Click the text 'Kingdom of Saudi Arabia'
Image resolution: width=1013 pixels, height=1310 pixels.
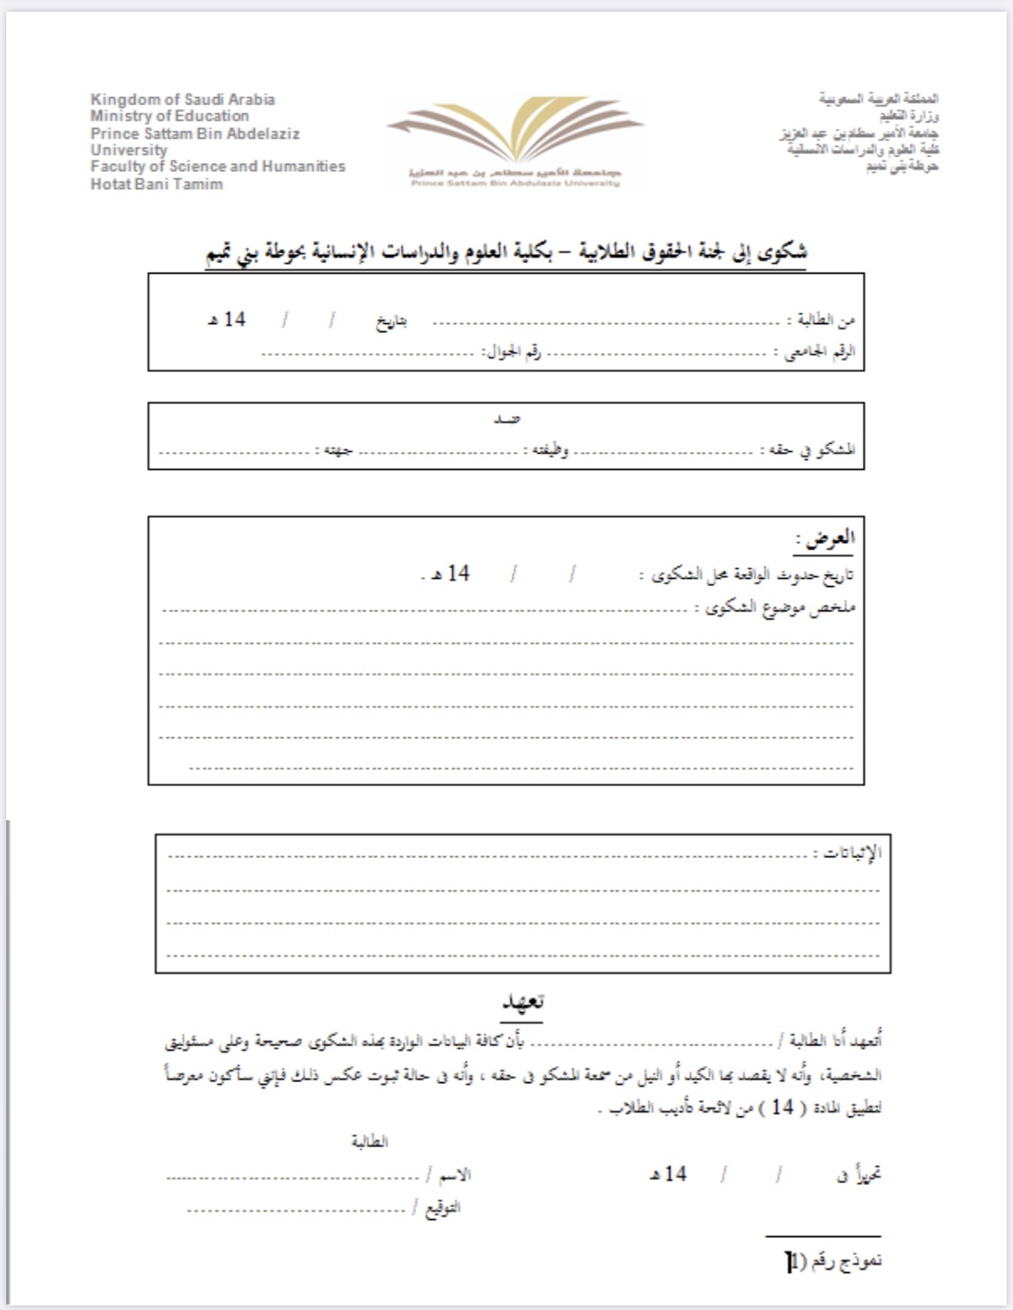[183, 99]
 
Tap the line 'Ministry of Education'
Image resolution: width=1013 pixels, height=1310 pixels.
[169, 116]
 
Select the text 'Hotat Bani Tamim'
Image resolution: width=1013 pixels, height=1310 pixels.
[157, 184]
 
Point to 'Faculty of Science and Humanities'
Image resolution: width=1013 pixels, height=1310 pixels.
[218, 167]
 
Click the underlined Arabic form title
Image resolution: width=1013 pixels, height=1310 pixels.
[507, 252]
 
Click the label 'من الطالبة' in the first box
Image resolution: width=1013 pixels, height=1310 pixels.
[821, 321]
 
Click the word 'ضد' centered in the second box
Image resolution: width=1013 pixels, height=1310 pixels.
[507, 419]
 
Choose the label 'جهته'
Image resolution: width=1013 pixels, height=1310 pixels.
[338, 449]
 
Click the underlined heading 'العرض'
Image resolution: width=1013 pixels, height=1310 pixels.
[826, 538]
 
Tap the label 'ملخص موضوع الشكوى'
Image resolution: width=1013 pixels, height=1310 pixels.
[780, 609]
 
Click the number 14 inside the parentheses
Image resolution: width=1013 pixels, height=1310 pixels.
[782, 1107]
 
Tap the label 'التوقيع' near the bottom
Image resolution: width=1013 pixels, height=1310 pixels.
[441, 1207]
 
